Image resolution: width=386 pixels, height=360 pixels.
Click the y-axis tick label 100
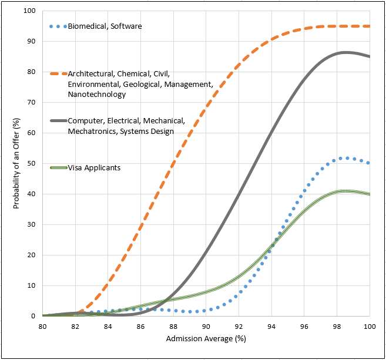[29, 11]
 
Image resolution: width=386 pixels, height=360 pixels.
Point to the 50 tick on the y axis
[31, 163]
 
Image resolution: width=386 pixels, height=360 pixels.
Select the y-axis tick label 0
[33, 316]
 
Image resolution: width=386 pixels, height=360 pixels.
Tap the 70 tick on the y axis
[31, 102]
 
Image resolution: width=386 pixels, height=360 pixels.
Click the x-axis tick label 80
[42, 327]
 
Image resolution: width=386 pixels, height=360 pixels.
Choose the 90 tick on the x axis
[206, 327]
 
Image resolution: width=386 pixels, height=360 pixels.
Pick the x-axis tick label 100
[369, 327]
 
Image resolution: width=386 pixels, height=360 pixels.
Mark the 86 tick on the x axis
[140, 327]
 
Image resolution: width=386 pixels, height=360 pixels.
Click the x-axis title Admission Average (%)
[206, 339]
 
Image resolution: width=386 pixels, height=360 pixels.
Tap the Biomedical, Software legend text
[105, 26]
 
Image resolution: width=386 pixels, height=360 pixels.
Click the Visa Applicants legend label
[94, 168]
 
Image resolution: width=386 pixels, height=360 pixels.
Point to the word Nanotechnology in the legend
[96, 94]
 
